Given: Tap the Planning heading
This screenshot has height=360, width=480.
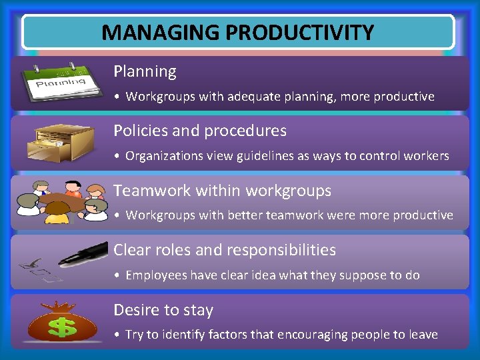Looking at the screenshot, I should click(145, 71).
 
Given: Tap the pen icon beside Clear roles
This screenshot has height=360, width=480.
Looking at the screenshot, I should click(83, 254).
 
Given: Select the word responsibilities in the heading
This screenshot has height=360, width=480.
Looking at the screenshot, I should click(281, 251).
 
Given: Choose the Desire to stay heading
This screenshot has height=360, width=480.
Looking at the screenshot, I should click(163, 310).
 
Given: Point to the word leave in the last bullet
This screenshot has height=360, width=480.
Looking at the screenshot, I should click(423, 335).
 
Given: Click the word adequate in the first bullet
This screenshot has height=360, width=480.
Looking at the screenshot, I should click(248, 97).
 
